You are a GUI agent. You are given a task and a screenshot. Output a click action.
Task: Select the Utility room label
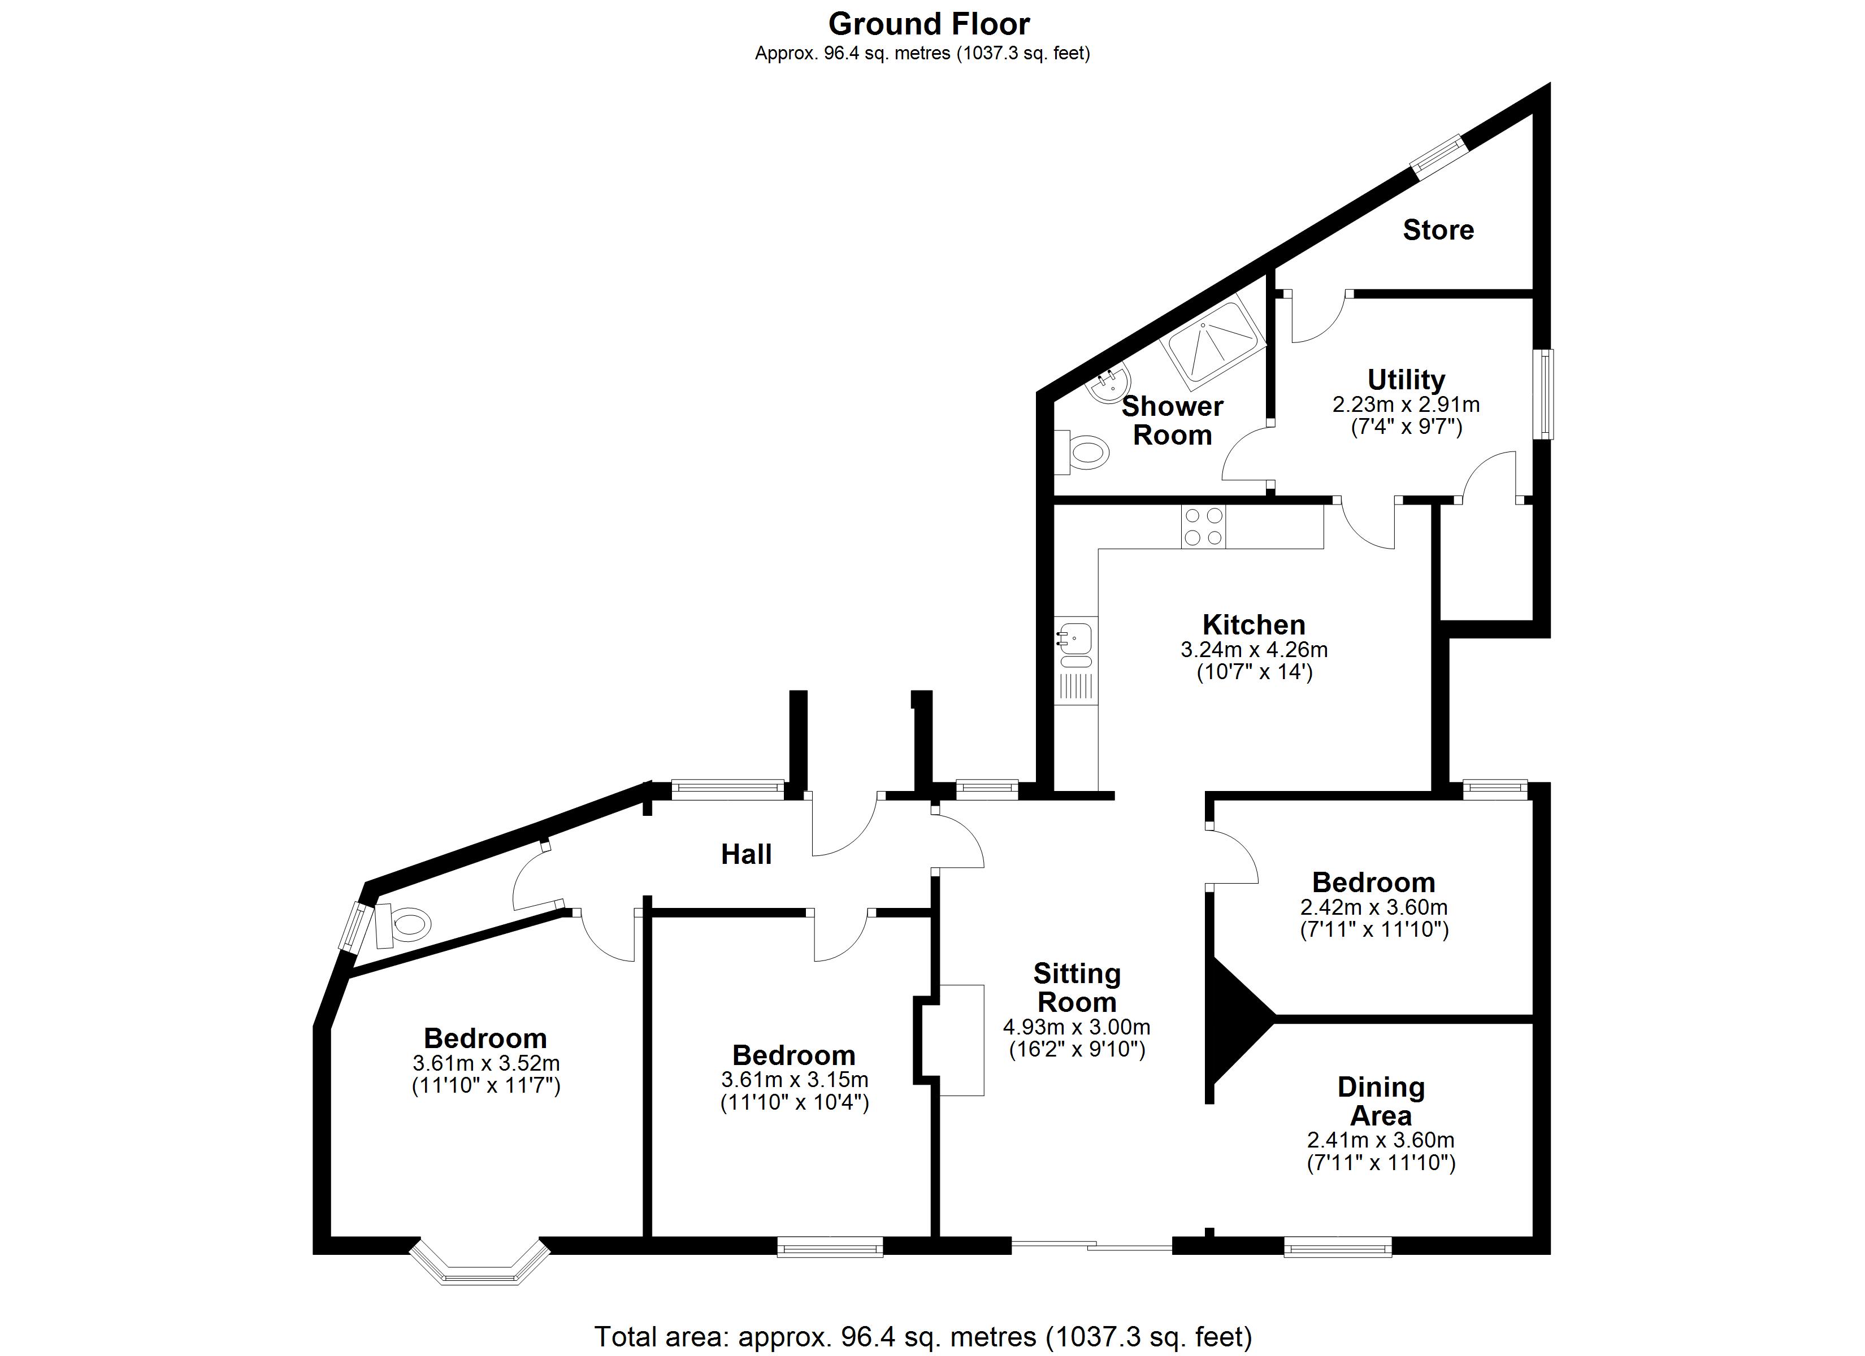[x=1406, y=380]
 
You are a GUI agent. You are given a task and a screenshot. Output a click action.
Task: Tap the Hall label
[x=746, y=854]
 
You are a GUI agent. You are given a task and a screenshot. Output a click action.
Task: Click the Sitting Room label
[x=1077, y=988]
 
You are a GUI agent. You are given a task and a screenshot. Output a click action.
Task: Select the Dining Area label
[x=1381, y=1101]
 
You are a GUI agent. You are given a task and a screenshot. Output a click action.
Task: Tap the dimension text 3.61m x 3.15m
[x=795, y=1079]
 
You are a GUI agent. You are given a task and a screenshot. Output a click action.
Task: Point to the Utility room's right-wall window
[x=1546, y=394]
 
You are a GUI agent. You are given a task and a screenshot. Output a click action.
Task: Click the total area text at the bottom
[x=923, y=1336]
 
